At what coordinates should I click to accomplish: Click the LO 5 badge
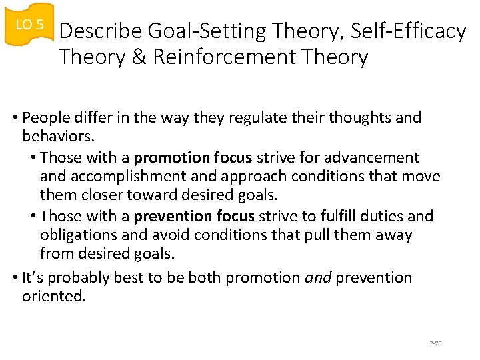pyautogui.click(x=29, y=25)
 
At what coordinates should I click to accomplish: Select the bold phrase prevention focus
pyautogui.click(x=195, y=216)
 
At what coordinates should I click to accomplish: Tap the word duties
pyautogui.click(x=384, y=216)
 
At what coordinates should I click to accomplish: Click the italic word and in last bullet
pyautogui.click(x=318, y=277)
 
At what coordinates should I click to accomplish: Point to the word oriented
pyautogui.click(x=54, y=296)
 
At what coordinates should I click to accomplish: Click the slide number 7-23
pyautogui.click(x=436, y=343)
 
